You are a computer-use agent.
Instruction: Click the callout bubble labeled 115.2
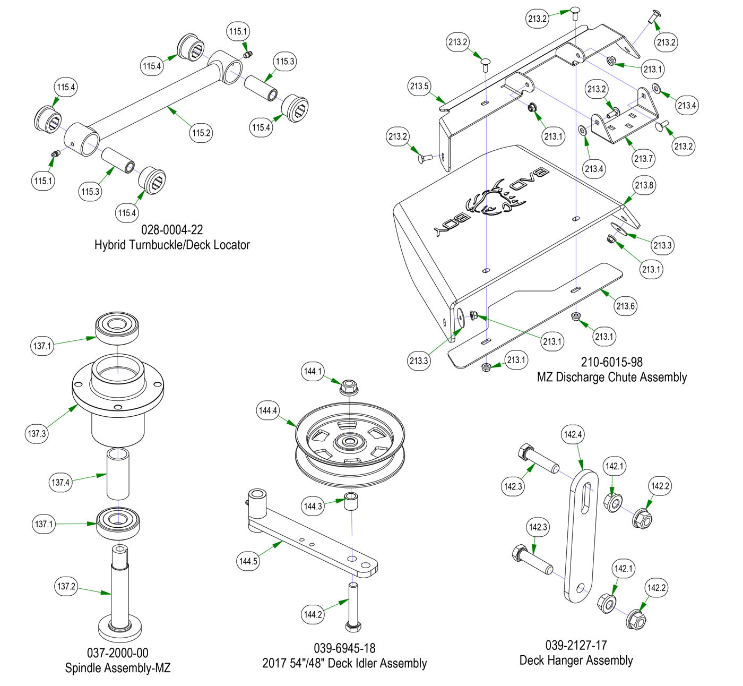[201, 133]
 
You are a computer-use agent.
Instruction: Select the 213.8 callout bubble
[643, 185]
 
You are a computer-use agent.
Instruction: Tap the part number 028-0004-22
[172, 230]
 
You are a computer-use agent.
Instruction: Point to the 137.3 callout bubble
[37, 433]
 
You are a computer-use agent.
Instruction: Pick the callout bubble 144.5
[248, 561]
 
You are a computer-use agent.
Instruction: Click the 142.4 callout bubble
[573, 434]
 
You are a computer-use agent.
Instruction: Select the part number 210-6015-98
[611, 362]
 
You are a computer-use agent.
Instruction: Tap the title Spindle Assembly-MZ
[118, 668]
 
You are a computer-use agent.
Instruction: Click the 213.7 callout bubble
[643, 158]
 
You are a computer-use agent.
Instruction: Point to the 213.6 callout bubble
[626, 306]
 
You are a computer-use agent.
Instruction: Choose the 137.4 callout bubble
[61, 483]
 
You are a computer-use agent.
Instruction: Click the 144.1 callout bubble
[313, 371]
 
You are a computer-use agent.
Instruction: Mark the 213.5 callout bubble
[419, 86]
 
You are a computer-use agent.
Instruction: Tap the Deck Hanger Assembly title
[576, 661]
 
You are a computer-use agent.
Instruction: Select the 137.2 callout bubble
[66, 586]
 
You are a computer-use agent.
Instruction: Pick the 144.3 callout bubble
[313, 506]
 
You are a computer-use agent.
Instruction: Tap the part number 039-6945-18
[344, 648]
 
